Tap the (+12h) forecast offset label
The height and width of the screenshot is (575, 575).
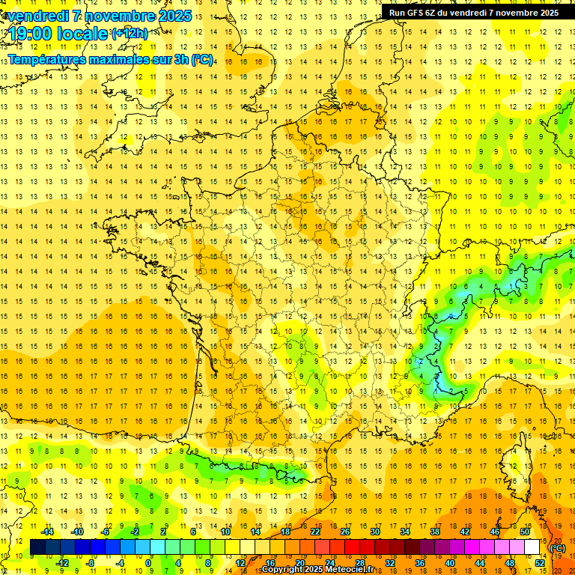tap(130, 33)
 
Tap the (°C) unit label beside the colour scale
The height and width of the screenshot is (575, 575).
tap(558, 548)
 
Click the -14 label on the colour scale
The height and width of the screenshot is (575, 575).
tap(46, 532)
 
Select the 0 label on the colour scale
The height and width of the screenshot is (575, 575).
tap(148, 562)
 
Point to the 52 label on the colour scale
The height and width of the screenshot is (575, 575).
tap(539, 562)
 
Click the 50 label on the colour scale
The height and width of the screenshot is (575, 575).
tap(525, 532)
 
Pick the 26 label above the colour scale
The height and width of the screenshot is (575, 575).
tap(344, 532)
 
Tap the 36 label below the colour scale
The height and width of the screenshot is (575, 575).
tap(419, 562)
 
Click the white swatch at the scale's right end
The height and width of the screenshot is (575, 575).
tap(532, 547)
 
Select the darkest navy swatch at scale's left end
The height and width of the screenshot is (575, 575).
tap(37, 547)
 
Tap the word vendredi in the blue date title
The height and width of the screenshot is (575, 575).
tap(34, 16)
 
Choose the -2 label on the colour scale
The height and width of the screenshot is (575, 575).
tap(135, 532)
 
